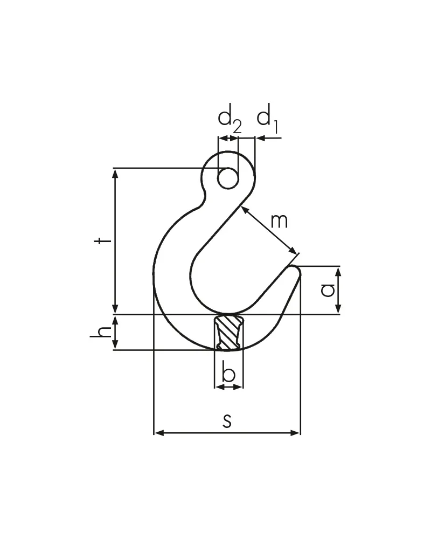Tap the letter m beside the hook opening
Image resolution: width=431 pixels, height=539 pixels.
click(x=279, y=222)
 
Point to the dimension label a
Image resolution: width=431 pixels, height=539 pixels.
click(x=328, y=290)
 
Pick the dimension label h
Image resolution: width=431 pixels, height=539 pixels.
click(x=101, y=331)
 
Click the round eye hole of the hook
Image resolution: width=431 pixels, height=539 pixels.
click(x=228, y=178)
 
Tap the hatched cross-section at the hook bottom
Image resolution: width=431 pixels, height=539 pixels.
click(x=228, y=333)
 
